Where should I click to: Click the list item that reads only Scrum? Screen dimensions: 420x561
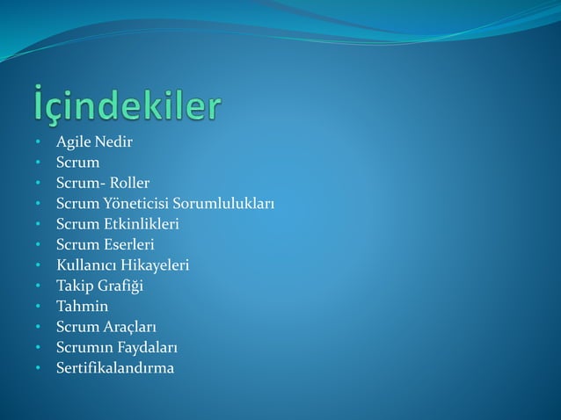78,163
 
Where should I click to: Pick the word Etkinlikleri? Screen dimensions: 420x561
142,224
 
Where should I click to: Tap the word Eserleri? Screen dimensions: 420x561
129,244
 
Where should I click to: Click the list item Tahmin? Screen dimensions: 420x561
83,306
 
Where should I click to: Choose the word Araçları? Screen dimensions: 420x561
131,327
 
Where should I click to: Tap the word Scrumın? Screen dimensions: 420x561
84,347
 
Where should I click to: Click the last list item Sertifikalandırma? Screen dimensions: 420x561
115,367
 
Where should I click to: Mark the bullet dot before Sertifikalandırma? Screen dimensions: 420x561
39,368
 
